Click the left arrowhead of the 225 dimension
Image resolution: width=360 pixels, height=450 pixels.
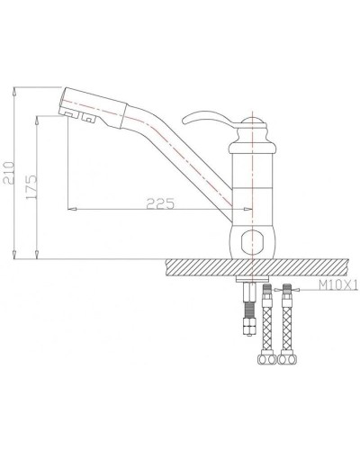pos(72,208)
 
